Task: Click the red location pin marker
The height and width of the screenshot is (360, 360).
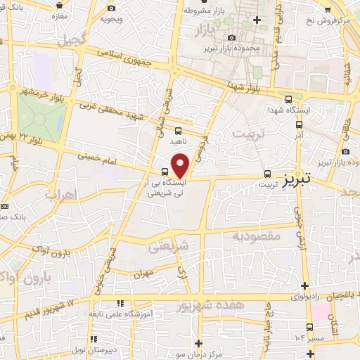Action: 181,165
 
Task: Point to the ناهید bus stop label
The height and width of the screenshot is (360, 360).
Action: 178,141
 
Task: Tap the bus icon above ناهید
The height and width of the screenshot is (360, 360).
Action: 178,130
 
